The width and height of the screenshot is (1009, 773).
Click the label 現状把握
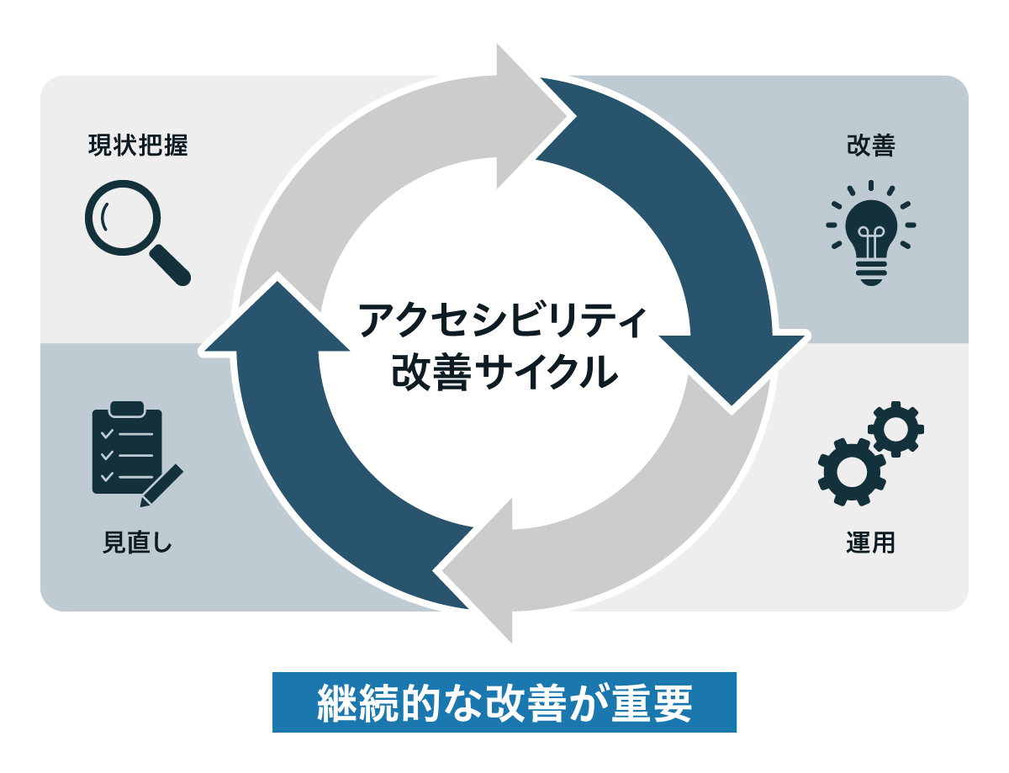[x=137, y=146]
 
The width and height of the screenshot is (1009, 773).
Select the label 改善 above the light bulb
[x=870, y=146]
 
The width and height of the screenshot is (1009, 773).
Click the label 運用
[x=870, y=543]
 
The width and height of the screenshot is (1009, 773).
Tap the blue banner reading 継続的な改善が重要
[x=504, y=703]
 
